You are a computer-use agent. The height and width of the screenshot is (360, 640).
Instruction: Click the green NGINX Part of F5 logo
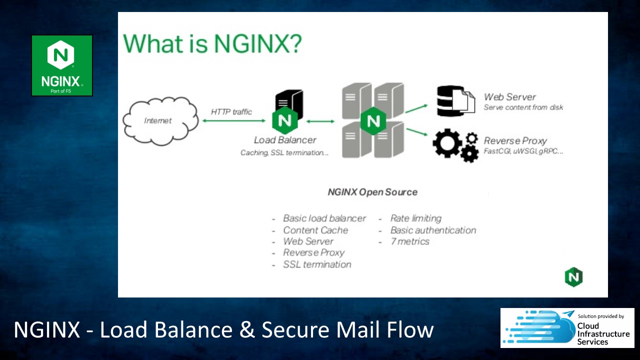click(62, 65)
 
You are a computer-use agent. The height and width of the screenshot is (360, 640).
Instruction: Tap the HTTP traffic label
click(231, 111)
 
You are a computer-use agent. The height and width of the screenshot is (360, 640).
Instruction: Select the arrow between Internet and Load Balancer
click(233, 121)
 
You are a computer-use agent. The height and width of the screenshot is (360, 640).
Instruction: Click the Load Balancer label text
click(285, 140)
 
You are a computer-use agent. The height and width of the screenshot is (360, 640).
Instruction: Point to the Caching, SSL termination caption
click(284, 153)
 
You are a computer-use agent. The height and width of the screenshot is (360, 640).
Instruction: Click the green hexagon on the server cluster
click(373, 121)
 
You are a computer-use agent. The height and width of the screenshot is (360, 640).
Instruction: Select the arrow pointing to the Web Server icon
click(416, 108)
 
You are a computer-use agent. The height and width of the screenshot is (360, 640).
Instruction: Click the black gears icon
click(455, 145)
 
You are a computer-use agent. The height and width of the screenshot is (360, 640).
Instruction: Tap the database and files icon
click(455, 101)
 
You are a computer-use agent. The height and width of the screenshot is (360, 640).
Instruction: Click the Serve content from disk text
click(523, 107)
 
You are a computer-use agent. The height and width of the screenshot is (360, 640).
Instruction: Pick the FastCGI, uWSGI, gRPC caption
click(523, 151)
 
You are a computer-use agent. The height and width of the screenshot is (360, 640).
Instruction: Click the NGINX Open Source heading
click(372, 192)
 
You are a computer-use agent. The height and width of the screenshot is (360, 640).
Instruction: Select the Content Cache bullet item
click(315, 230)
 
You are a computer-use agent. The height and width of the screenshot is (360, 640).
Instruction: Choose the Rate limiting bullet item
click(415, 218)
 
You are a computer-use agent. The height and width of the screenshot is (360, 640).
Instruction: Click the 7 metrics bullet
click(409, 241)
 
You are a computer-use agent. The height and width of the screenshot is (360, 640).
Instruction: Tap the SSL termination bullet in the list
click(317, 264)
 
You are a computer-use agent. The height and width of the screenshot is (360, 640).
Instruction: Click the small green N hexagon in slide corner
click(573, 277)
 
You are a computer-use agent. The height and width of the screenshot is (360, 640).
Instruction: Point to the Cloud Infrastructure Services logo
click(567, 328)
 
